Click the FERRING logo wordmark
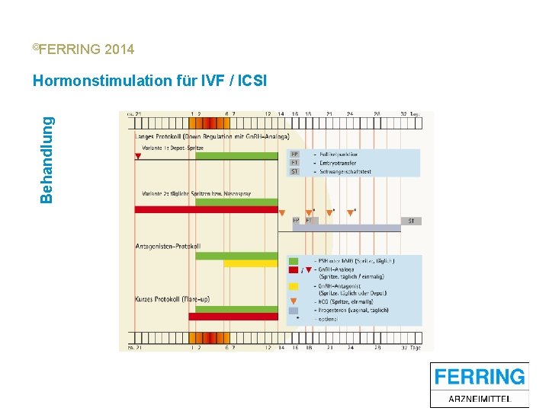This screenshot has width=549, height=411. click(480, 376)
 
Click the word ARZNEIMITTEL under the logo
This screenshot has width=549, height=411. click(480, 398)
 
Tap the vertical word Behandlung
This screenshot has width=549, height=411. click(47, 159)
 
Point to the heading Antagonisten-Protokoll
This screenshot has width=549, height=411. click(168, 246)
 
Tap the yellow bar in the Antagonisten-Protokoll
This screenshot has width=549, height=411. click(251, 263)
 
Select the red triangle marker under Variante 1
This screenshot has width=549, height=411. click(138, 156)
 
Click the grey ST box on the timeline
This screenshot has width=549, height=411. click(411, 221)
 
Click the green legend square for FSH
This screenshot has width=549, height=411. click(294, 261)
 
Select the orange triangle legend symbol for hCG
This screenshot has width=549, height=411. click(294, 301)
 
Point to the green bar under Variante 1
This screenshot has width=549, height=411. click(236, 155)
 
